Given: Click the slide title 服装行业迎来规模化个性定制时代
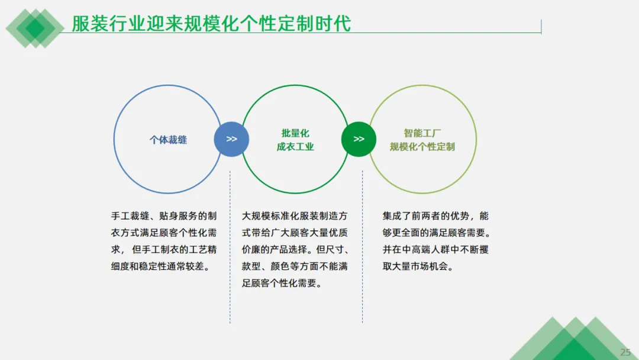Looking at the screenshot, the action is pos(211,23).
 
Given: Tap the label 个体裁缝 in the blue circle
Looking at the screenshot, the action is pos(168,140).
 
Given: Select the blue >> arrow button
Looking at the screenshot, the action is pos(231,139).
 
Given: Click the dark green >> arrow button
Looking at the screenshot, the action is pos(359,139).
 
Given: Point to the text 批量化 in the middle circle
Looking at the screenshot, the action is pos(295,133).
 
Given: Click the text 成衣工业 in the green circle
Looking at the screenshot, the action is pos(295,147).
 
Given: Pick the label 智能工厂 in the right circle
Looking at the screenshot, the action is pos(422,133).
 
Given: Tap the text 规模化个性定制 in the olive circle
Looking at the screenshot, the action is pos(422,147).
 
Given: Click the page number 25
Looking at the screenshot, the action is pos(625,352).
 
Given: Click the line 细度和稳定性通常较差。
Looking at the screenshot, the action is pos(161,266).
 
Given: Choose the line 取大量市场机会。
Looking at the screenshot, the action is pos(418,266).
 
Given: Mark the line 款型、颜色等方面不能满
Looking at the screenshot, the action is pos(295,266).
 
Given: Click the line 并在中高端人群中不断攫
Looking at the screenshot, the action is pos(435,250).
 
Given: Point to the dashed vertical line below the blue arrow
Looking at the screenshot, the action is pos(230,249).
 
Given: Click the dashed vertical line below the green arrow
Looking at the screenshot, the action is pos(363,249).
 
